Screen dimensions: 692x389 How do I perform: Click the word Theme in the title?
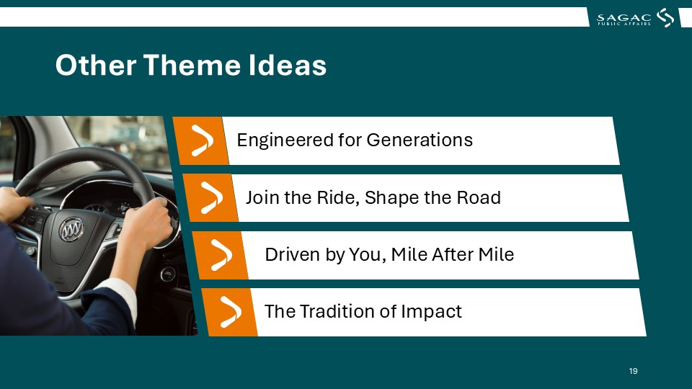192,65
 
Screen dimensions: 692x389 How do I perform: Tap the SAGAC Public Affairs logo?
635,18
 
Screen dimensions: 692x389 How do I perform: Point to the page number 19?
634,371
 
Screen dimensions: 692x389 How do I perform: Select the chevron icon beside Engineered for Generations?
202,140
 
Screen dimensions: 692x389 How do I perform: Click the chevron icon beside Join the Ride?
212,198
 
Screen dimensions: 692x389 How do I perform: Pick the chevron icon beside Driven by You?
221,255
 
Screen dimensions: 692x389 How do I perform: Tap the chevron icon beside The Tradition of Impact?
231,312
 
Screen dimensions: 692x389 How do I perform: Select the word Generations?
420,140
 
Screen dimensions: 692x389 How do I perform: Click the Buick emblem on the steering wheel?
71,229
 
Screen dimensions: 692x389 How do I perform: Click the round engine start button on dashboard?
167,274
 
